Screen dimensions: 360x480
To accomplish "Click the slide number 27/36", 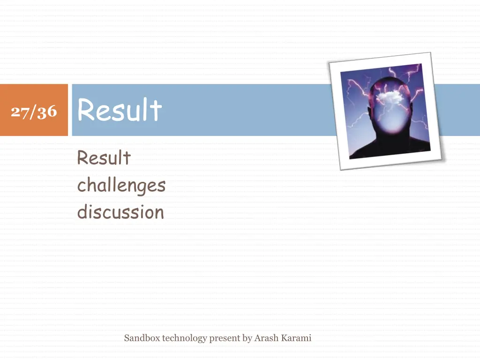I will coord(34,112).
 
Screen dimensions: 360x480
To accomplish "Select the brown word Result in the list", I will coord(104,158).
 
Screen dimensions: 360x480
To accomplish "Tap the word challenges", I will coord(121,186).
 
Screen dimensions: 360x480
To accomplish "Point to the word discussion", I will coord(120,212).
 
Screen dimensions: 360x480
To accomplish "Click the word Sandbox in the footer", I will coord(142,338).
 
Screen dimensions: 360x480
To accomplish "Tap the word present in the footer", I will coord(224,338).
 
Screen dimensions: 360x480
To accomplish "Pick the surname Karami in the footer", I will coord(296,338).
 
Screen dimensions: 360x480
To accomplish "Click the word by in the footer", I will coord(247,338).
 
